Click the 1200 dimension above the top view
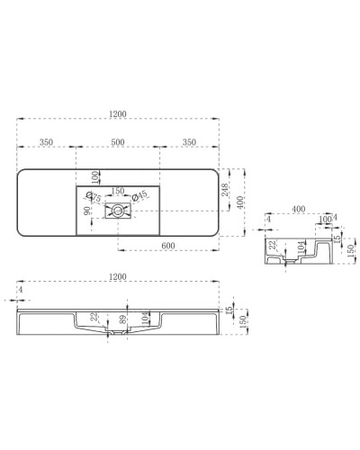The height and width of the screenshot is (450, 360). click(x=119, y=114)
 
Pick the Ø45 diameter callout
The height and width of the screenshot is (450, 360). click(x=139, y=197)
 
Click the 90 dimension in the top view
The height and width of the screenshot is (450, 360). click(x=87, y=212)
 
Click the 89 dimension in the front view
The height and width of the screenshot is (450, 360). click(x=122, y=319)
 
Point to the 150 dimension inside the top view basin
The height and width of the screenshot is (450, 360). click(x=118, y=191)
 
